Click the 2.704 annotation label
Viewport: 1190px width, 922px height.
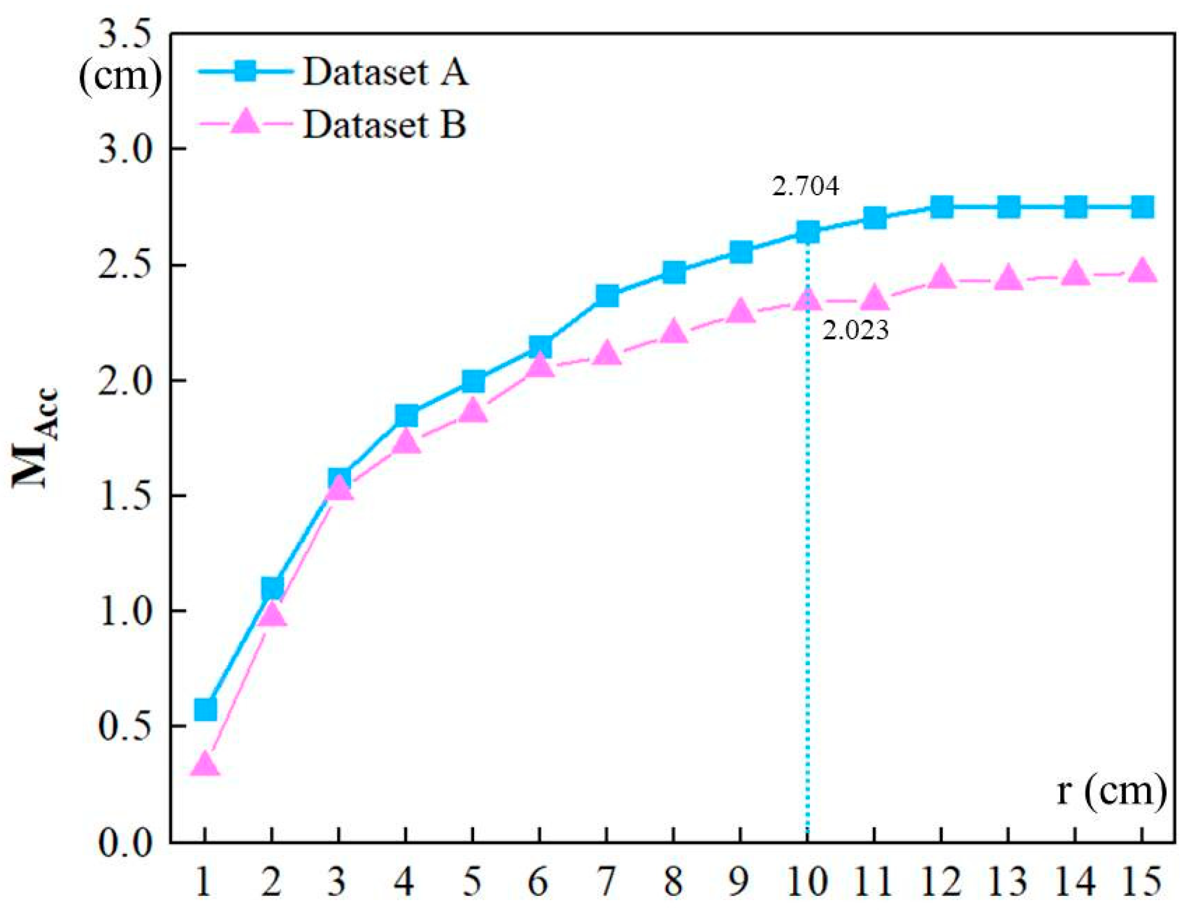tap(805, 187)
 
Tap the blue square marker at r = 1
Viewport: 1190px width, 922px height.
tap(205, 709)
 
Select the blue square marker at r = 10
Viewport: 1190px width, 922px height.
tap(808, 232)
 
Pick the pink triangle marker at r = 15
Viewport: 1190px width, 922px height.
tap(1142, 272)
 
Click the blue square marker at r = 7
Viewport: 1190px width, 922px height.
tap(607, 295)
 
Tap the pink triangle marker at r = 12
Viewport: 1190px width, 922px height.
tap(942, 277)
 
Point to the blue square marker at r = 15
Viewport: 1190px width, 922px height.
tap(1142, 207)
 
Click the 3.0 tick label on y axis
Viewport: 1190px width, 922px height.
tap(126, 150)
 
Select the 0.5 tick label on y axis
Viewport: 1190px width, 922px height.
tap(126, 726)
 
